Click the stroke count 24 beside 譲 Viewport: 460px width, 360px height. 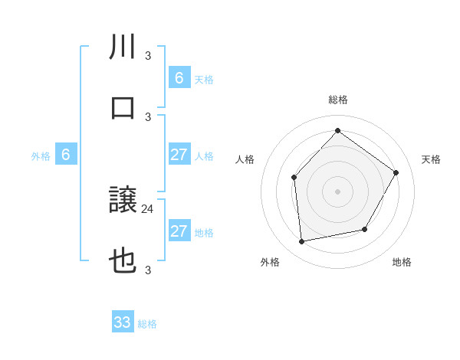(149, 208)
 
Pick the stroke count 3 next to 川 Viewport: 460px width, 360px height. (148, 54)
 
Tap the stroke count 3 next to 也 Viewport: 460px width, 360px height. (148, 269)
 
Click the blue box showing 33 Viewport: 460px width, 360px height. (123, 322)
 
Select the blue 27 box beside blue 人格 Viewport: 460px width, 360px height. (179, 155)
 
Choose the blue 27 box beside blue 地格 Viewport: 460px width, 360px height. (179, 231)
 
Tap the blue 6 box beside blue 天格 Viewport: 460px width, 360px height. (179, 78)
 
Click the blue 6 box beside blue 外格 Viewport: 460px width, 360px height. (66, 155)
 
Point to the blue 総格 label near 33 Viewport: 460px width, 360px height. (147, 324)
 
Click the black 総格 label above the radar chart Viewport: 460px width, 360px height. (337, 100)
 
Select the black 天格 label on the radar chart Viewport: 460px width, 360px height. (431, 159)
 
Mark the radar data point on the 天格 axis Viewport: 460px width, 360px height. (396, 172)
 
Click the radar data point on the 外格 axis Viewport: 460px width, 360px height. (302, 241)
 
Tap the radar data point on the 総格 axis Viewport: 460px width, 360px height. (337, 130)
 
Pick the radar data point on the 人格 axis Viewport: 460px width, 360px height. (294, 178)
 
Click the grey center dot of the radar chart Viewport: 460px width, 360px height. (337, 191)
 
